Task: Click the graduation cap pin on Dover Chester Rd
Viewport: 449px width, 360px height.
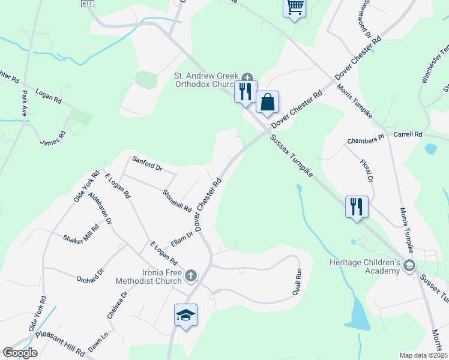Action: coord(186,314)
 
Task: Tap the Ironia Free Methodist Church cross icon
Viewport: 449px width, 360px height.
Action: coord(190,275)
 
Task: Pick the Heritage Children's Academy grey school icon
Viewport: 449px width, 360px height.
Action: coord(409,265)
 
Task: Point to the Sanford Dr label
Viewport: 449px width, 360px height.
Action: coord(148,163)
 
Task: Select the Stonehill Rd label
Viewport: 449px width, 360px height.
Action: coord(177,201)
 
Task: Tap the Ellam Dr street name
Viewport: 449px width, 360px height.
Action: coord(181,238)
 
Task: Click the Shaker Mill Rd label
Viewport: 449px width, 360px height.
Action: coord(81,233)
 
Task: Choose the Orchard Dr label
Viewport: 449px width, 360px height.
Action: coord(90,275)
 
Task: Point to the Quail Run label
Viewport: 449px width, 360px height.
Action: coord(297,280)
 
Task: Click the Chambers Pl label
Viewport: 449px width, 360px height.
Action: coord(366,140)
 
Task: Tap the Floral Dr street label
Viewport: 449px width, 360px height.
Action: coord(367,171)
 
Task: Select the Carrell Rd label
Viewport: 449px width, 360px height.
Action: coord(408,134)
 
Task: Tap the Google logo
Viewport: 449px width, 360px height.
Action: coord(20,353)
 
